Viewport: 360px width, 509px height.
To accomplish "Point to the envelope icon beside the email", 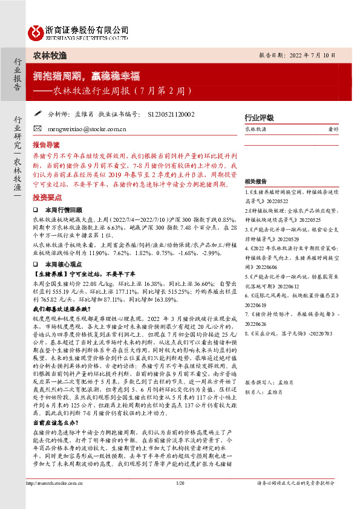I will pos(38,128).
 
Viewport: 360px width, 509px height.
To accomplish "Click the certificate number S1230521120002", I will pos(171,114).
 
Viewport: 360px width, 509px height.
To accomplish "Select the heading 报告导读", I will pos(46,146).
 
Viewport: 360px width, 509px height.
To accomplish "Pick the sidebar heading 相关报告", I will pos(257,181).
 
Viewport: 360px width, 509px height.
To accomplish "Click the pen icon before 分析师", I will pos(38,113).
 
